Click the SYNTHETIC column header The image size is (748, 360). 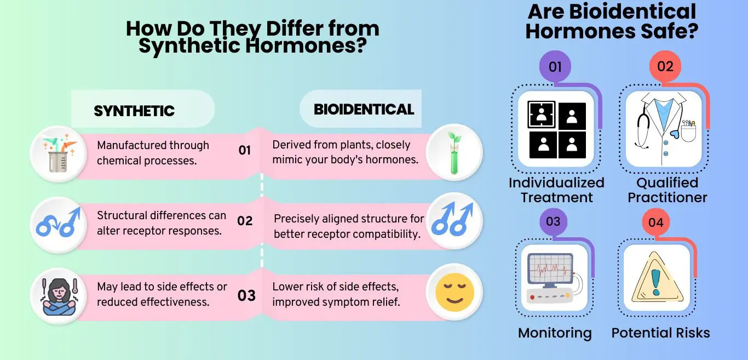pyautogui.click(x=134, y=111)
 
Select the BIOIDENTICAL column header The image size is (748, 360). pyautogui.click(x=364, y=109)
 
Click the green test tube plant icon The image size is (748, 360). pyautogui.click(x=453, y=153)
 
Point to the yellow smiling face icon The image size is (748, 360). pyautogui.click(x=453, y=292)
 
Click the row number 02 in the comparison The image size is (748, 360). pyautogui.click(x=245, y=221)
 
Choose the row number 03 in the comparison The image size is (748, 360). pyautogui.click(x=246, y=296)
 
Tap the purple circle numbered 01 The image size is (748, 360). pyautogui.click(x=555, y=67)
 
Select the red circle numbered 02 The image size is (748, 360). pyautogui.click(x=665, y=67)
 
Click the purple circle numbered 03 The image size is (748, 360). pyautogui.click(x=553, y=222)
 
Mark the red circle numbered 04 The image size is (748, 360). pyautogui.click(x=655, y=222)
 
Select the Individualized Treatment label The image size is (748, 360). pyautogui.click(x=556, y=190)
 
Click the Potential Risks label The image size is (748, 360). pyautogui.click(x=660, y=333)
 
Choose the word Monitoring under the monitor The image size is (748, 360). pyautogui.click(x=555, y=333)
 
